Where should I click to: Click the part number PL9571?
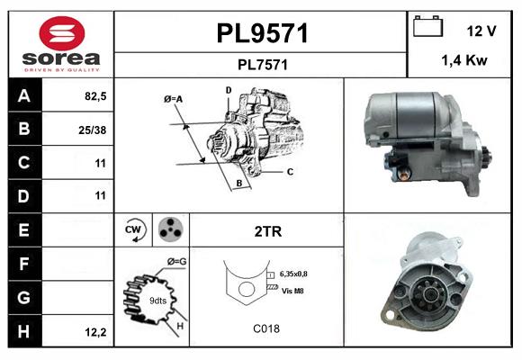[262, 33]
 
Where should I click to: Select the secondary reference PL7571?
[262, 64]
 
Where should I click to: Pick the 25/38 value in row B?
[94, 130]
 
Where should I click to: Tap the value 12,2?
[94, 332]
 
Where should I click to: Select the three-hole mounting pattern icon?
[169, 230]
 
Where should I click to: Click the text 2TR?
[267, 231]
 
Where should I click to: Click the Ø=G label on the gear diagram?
[176, 262]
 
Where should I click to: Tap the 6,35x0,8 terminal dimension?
[299, 274]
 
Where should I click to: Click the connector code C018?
[267, 328]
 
